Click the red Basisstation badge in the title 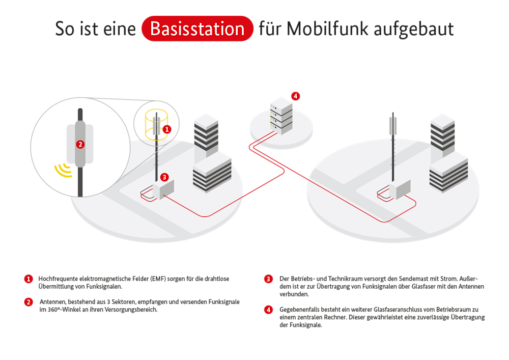point(197,29)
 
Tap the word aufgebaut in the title point(414,29)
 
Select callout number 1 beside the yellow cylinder point(167,130)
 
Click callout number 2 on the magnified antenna point(79,144)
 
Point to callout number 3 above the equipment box point(164,177)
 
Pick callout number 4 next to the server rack point(295,96)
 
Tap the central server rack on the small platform point(281,116)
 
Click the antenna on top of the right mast point(392,125)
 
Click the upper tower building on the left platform point(206,135)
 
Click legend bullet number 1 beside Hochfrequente point(29,279)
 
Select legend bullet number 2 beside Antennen point(29,302)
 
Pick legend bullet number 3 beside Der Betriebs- point(268,279)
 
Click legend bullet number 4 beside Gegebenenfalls point(268,310)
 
